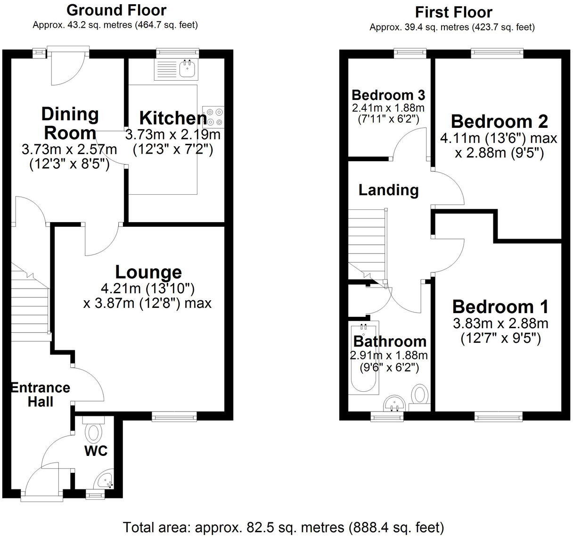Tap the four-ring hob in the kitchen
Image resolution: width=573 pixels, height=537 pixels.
tap(213, 117)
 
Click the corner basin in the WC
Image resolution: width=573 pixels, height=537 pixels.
tap(104, 481)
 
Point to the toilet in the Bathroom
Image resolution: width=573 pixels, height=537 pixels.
tap(420, 394)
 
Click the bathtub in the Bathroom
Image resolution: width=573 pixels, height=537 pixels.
tap(363, 358)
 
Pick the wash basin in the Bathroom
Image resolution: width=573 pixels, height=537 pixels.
tap(395, 404)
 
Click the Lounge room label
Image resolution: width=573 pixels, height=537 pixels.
tap(148, 272)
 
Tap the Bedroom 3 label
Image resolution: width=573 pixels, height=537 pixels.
tap(388, 95)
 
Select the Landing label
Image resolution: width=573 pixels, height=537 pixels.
tap(388, 190)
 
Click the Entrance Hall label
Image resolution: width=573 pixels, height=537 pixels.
tap(41, 395)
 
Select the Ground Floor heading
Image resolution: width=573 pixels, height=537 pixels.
tap(116, 9)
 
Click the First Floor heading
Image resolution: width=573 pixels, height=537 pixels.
tap(453, 12)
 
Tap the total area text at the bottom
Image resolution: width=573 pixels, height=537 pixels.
tap(283, 527)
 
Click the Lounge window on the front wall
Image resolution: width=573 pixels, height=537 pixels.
tap(174, 415)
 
